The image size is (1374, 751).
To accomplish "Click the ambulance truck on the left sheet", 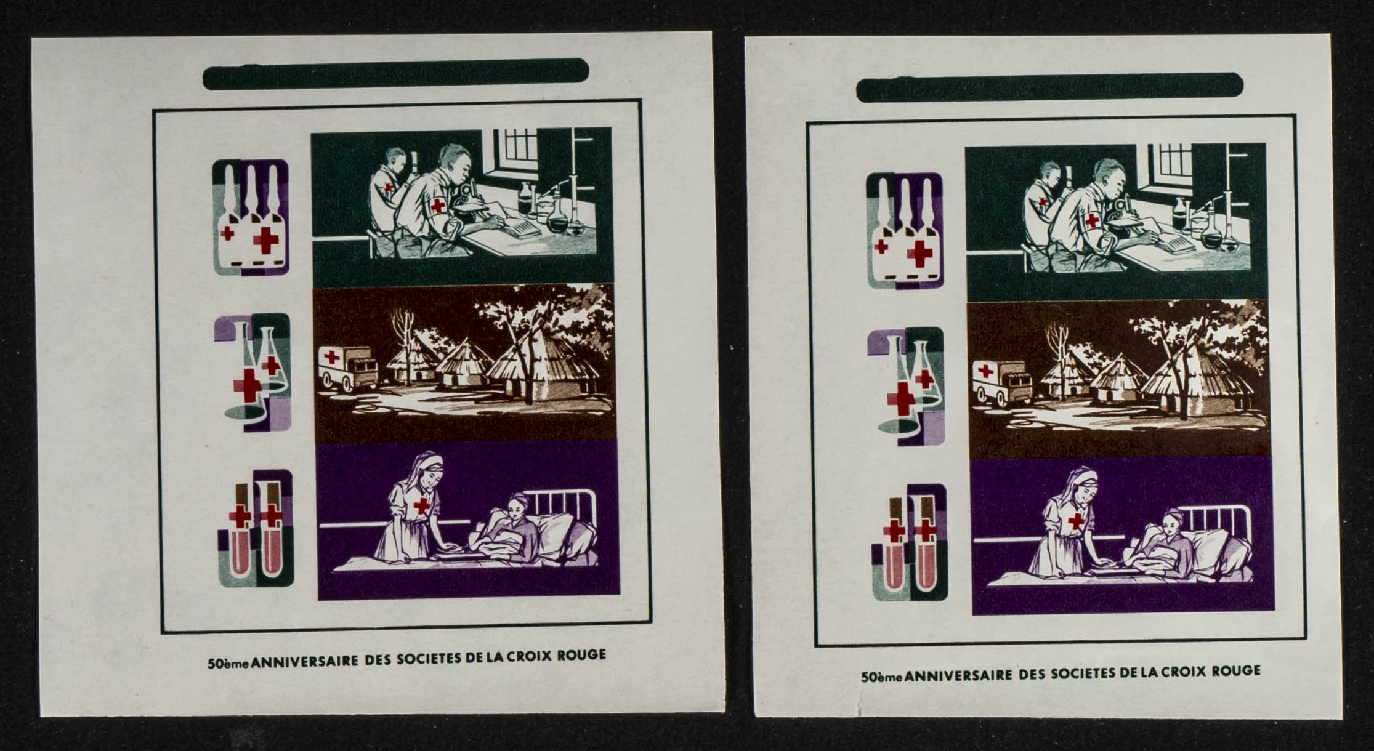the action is (x=347, y=368).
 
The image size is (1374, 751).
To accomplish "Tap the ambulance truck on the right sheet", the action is (x=1001, y=384).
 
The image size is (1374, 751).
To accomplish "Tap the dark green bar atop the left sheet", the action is (x=396, y=74).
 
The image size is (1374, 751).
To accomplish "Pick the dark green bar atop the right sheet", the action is (x=1049, y=87).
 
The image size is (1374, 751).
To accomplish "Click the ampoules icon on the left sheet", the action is (x=251, y=217).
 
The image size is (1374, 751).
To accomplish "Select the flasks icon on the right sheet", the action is (x=906, y=386).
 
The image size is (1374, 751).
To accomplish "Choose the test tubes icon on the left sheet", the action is (x=256, y=528).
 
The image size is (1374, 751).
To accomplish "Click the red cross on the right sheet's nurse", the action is (x=1076, y=521).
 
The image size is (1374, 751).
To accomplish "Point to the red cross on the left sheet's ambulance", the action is (x=332, y=357).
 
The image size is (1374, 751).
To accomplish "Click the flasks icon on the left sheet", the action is (x=253, y=372).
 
